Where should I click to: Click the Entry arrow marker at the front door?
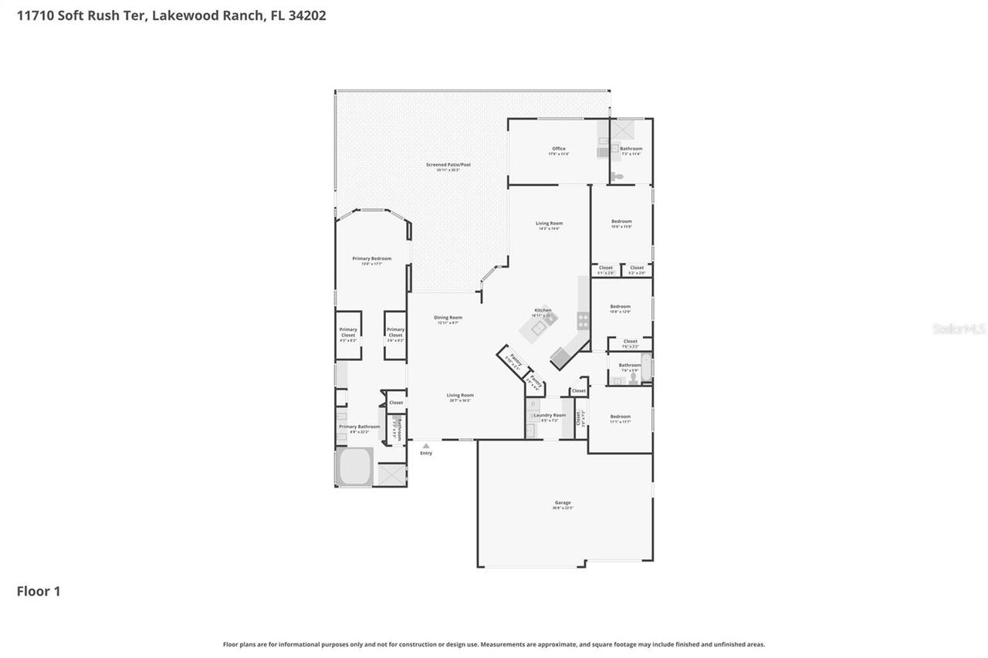point(425,446)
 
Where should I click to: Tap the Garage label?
point(563,502)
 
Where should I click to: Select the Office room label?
point(558,149)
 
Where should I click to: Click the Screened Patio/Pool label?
point(448,164)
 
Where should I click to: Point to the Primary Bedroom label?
point(371,258)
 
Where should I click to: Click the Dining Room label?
point(448,318)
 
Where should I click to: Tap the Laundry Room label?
point(550,415)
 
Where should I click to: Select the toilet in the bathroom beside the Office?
point(617,177)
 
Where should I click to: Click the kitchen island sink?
point(536,328)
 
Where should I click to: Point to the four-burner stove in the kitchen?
point(584,319)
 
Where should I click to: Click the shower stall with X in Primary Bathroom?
point(391,474)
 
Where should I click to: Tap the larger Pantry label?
point(515,361)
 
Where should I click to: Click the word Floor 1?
point(39,592)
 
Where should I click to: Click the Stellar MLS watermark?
point(959,329)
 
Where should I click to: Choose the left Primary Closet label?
point(348,332)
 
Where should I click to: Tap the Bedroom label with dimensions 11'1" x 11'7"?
point(620,417)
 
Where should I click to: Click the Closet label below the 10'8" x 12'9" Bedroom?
point(630,341)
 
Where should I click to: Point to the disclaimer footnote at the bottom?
point(494,644)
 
